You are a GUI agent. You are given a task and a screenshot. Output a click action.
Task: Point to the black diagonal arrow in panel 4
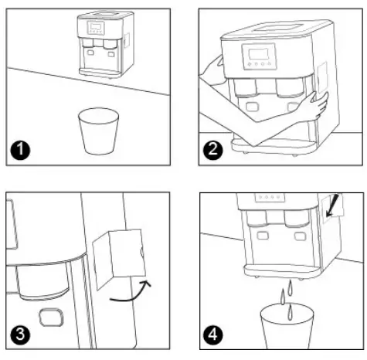pyautogui.click(x=332, y=208)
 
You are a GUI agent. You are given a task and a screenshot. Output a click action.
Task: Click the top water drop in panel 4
pyautogui.click(x=291, y=285)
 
